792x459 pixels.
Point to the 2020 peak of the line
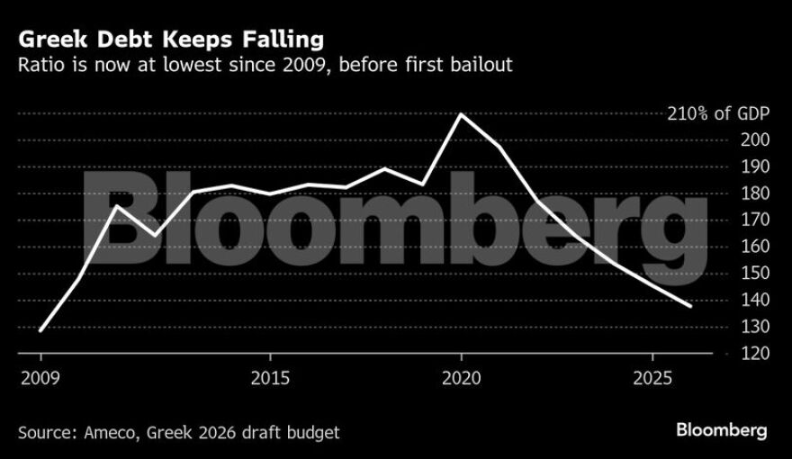tap(461, 114)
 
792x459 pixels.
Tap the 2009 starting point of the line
tap(41, 330)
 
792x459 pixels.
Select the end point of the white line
tap(690, 306)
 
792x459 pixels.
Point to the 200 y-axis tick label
tap(755, 140)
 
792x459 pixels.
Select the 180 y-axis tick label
tap(755, 193)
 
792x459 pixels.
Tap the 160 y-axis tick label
tap(755, 247)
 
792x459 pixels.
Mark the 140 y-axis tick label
tap(755, 300)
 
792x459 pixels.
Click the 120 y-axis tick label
tap(755, 354)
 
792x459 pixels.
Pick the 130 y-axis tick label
tap(755, 327)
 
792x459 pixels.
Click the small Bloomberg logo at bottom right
tap(723, 431)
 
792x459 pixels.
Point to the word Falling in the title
tap(287, 40)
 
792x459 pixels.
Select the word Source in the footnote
tap(44, 432)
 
